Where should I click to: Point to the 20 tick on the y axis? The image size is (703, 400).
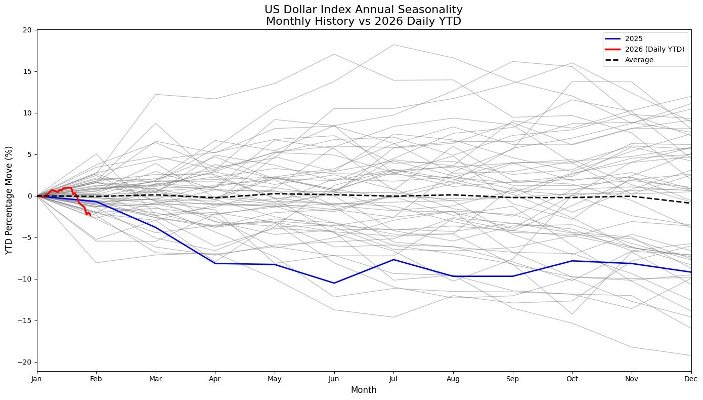click(x=27, y=30)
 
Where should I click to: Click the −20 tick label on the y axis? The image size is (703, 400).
click(x=25, y=362)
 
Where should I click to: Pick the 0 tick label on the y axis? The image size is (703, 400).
click(x=29, y=196)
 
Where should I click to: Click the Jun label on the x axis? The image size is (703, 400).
click(x=334, y=378)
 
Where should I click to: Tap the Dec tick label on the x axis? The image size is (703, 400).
click(x=691, y=378)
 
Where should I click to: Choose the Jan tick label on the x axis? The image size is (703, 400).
click(x=37, y=378)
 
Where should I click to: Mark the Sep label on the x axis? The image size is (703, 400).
click(x=513, y=378)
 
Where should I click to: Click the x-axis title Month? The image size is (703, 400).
click(x=364, y=390)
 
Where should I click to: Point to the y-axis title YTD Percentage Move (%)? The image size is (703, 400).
click(x=9, y=199)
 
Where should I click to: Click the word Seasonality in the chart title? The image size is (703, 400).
click(x=425, y=10)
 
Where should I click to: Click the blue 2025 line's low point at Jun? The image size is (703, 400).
click(x=334, y=283)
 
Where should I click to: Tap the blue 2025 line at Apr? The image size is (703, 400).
click(x=215, y=263)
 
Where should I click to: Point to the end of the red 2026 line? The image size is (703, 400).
click(x=90, y=215)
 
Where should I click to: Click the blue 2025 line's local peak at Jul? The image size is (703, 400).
click(x=393, y=260)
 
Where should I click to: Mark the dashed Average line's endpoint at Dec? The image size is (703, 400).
click(x=691, y=203)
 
